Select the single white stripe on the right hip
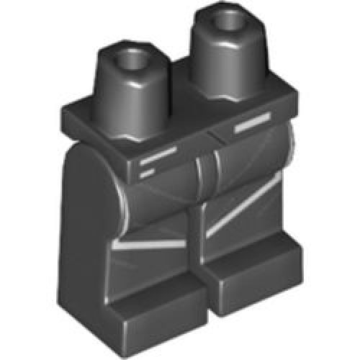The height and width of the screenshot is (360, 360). [253, 127]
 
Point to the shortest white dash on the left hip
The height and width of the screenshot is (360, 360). [146, 173]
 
